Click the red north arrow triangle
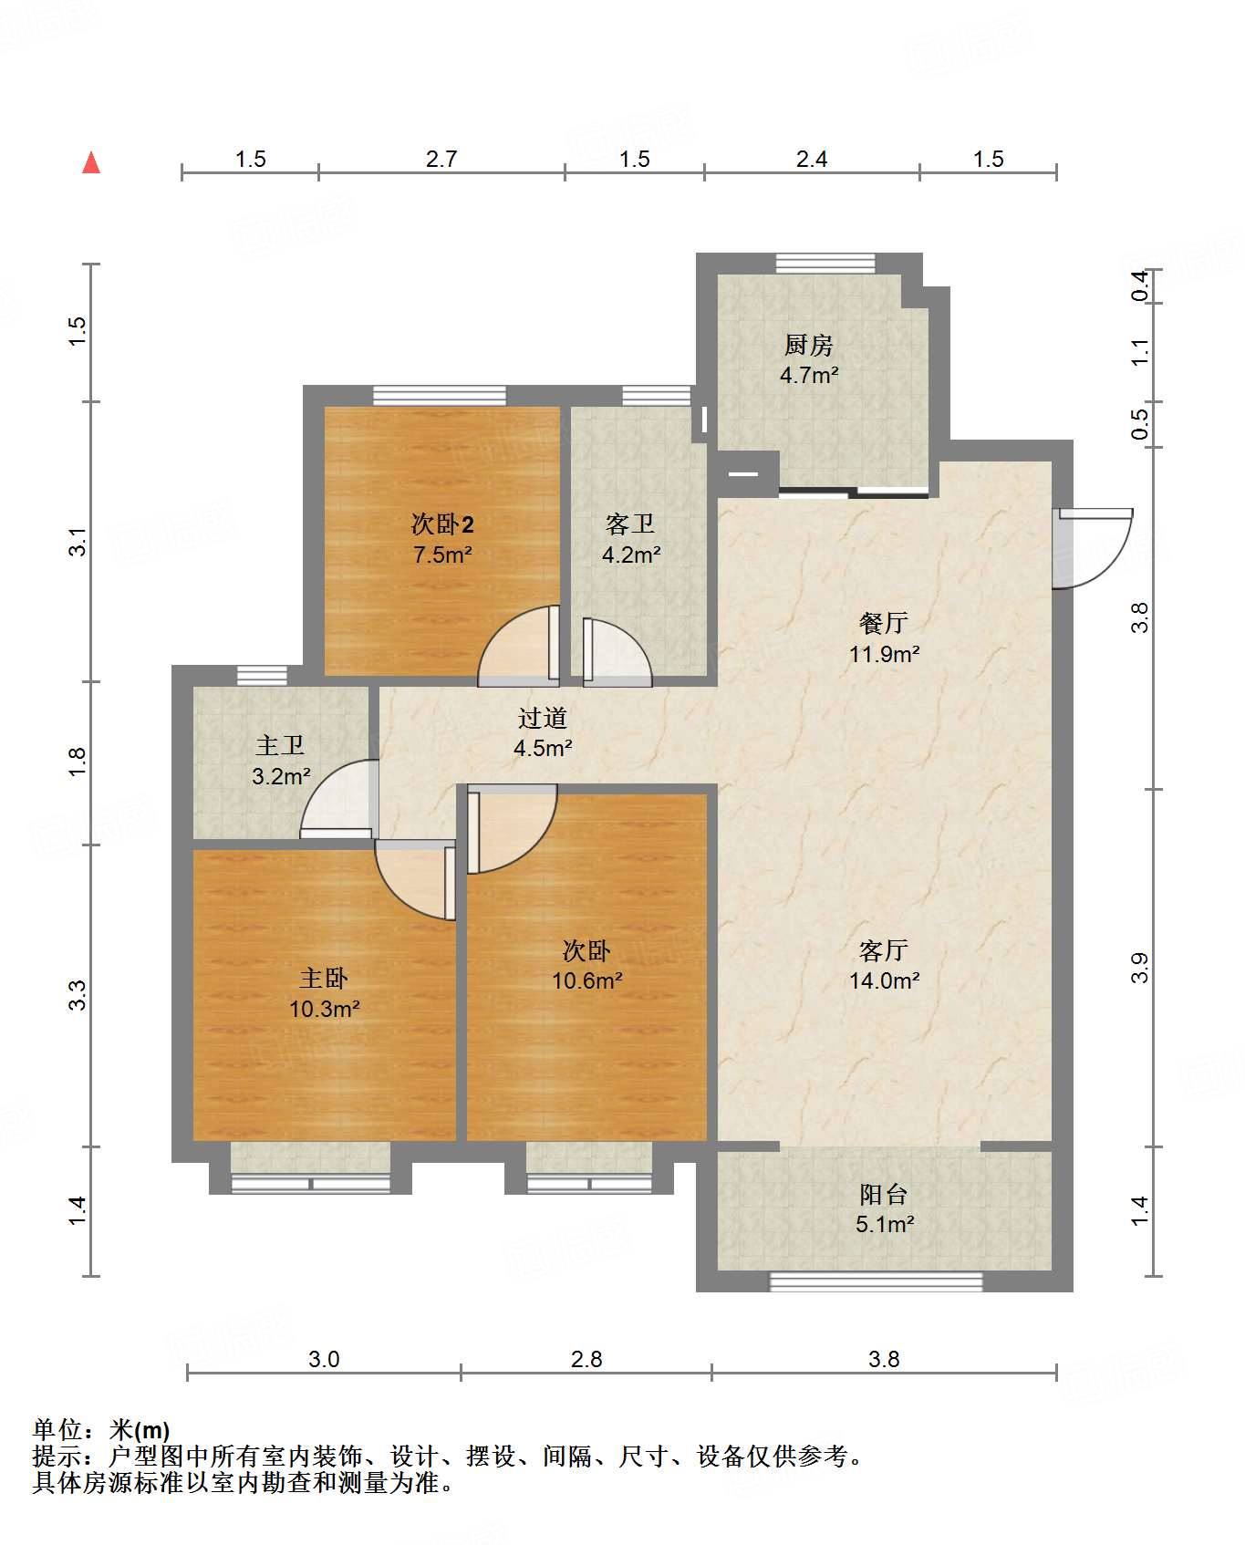[91, 162]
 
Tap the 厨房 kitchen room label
[809, 345]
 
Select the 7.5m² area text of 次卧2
[442, 555]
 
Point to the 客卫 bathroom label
[630, 524]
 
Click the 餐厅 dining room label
[884, 623]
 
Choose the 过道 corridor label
[543, 718]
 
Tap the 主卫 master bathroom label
[280, 745]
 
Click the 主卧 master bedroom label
[324, 979]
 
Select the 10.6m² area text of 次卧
[587, 980]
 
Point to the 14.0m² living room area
[885, 980]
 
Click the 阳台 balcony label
[884, 1194]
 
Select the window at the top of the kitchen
[825, 264]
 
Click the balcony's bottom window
[877, 1281]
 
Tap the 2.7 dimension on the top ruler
[441, 159]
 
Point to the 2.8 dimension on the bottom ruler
[586, 1359]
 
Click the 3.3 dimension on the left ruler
[78, 994]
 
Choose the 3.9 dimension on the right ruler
[1139, 968]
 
